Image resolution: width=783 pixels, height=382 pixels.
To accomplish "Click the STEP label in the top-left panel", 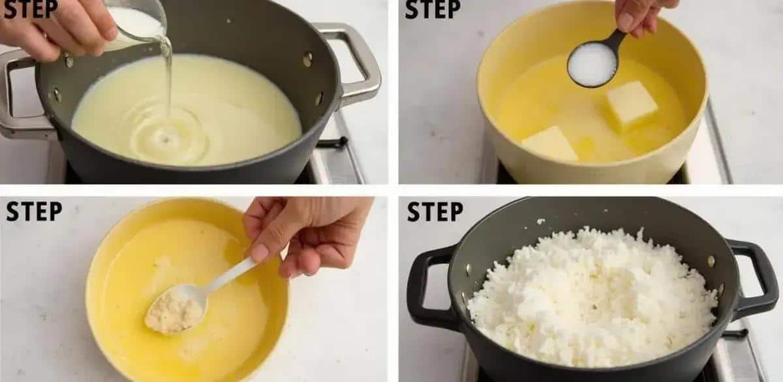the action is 31,8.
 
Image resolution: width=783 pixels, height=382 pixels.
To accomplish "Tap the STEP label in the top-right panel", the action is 433,8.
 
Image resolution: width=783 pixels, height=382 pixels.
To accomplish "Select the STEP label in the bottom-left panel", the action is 34,212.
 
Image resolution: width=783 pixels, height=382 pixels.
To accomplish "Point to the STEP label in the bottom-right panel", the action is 435,212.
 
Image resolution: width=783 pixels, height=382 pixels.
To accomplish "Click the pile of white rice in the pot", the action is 591,297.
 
